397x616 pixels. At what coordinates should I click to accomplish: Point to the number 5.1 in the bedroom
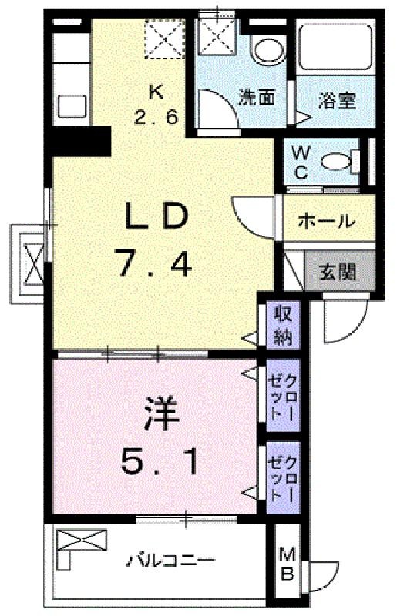click(x=159, y=461)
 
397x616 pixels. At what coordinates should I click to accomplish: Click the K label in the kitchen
click(x=156, y=92)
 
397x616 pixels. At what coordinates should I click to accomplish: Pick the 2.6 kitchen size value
click(x=156, y=117)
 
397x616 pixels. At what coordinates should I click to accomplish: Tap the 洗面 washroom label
click(x=257, y=98)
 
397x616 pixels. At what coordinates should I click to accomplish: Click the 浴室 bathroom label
click(x=337, y=101)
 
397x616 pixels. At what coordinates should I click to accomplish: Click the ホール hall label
click(x=327, y=222)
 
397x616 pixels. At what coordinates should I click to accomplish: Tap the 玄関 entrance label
click(x=337, y=272)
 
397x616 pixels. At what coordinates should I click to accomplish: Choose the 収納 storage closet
click(x=283, y=324)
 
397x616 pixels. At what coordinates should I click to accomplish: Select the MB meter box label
click(x=287, y=565)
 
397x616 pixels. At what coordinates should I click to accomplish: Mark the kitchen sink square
click(x=72, y=105)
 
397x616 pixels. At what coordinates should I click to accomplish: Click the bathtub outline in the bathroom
click(x=335, y=49)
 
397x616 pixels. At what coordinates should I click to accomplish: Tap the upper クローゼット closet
click(x=283, y=395)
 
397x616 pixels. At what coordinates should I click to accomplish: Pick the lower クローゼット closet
click(x=283, y=477)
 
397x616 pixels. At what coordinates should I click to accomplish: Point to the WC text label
click(x=301, y=162)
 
